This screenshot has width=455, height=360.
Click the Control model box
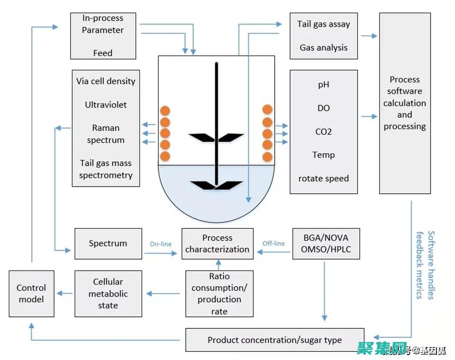click(x=32, y=293)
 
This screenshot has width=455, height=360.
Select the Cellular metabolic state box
click(x=108, y=293)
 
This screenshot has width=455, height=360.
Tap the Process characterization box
click(x=217, y=244)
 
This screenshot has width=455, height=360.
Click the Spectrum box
click(x=108, y=243)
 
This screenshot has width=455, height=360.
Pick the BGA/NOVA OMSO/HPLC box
click(x=326, y=243)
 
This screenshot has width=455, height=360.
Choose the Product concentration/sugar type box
click(x=275, y=340)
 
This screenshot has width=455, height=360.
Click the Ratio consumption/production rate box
click(x=219, y=293)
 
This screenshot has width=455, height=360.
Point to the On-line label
click(x=161, y=244)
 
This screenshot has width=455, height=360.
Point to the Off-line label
click(x=274, y=243)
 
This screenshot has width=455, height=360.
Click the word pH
click(x=324, y=85)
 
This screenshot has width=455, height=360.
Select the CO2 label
click(x=324, y=131)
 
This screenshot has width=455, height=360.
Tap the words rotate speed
click(x=324, y=178)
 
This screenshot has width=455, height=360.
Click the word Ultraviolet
click(x=106, y=104)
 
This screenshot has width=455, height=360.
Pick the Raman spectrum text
click(x=106, y=134)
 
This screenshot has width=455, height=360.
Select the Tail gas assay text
click(x=324, y=24)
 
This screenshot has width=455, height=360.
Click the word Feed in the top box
click(x=102, y=53)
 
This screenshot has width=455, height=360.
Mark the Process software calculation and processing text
click(x=404, y=103)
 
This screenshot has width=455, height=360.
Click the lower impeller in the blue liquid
click(x=216, y=184)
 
